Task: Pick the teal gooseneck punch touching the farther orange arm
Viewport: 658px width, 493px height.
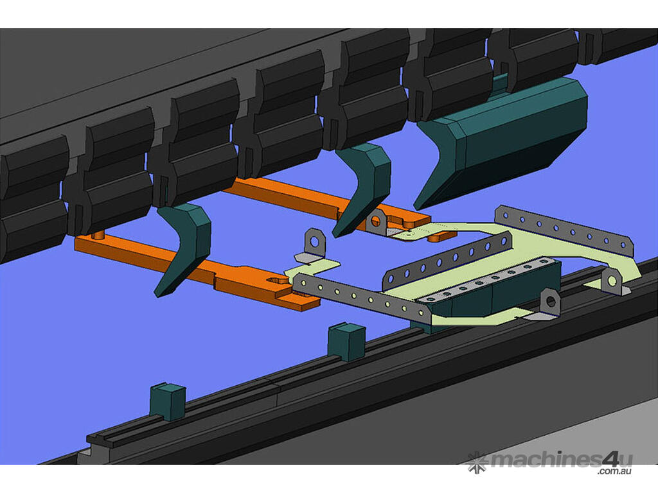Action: coord(364,189)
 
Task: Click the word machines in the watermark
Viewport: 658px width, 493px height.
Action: coord(546,460)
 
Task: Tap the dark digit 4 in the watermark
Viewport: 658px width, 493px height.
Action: coord(611,459)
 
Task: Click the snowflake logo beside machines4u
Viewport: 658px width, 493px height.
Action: coord(477,462)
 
